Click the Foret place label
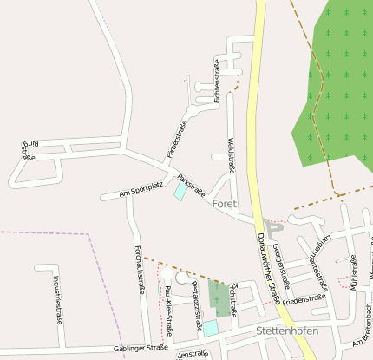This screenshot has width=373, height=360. (224, 204)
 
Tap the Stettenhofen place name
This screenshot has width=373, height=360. (287, 331)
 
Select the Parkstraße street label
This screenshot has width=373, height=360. (191, 185)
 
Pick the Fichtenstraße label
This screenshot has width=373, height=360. (217, 80)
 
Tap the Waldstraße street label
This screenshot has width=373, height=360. (231, 154)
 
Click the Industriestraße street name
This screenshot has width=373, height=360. (57, 299)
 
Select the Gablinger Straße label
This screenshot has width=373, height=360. (140, 348)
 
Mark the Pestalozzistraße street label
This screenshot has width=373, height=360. (196, 304)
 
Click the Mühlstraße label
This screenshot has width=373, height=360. (354, 271)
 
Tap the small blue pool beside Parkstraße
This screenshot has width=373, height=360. (180, 191)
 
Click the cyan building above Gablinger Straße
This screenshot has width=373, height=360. (211, 328)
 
